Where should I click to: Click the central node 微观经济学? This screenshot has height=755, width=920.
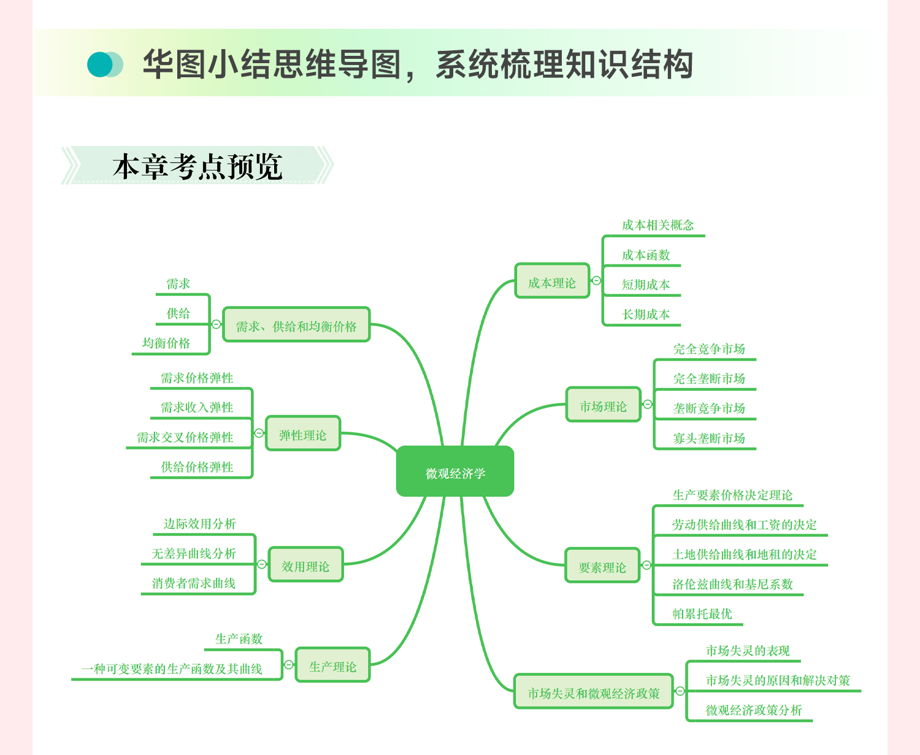point(455,472)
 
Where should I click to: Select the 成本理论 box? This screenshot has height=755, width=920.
point(552,282)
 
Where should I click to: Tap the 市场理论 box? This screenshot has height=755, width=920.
point(603,405)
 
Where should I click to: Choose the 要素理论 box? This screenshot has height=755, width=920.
point(602,566)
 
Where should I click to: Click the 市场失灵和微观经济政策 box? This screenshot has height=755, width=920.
point(594,692)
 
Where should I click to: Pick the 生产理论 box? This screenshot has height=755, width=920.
point(332,665)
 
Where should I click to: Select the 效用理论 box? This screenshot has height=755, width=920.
point(305,565)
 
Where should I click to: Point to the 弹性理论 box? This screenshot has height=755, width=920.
point(302,434)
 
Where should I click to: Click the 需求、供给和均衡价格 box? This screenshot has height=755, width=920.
point(296,325)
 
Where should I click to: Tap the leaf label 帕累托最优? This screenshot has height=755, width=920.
point(702,613)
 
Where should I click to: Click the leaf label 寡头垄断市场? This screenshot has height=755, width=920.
point(709,438)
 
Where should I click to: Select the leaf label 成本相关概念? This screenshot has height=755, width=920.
point(657,225)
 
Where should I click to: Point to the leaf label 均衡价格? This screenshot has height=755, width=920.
point(166,343)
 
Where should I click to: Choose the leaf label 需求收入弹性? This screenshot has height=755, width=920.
point(197,407)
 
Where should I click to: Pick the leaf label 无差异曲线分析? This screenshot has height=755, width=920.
point(194,553)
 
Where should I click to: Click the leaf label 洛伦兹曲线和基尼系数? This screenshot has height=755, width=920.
point(732,584)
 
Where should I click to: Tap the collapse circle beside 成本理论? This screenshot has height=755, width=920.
point(596,281)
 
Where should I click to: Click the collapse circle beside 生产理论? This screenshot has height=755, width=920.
point(289,665)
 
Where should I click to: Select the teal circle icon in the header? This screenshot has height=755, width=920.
point(100,64)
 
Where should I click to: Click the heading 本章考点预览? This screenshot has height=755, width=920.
point(197,166)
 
